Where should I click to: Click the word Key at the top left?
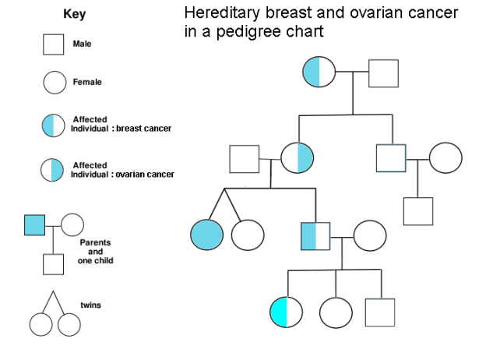pos(74,14)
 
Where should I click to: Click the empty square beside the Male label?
pos(53,44)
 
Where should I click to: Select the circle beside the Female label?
pos(53,80)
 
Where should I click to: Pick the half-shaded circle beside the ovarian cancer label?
pos(53,169)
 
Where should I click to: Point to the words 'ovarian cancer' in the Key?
pos(148,175)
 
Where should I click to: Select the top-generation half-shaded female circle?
pos(319,72)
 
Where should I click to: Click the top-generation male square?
pos(383,72)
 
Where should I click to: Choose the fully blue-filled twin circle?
pos(206,235)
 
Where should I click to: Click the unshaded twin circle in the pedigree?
pos(248,235)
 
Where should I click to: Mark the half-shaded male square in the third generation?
pos(315,235)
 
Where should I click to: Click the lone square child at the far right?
pos(417,211)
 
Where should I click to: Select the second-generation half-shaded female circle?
pos(297,158)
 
